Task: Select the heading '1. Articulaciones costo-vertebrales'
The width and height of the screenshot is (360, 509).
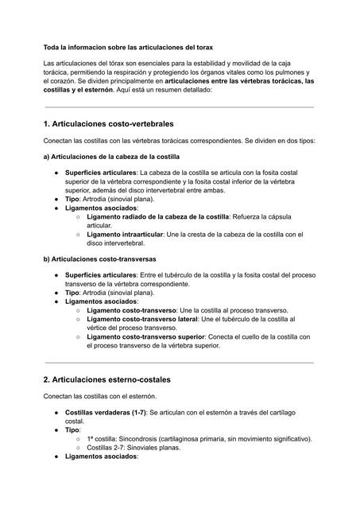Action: [109, 124]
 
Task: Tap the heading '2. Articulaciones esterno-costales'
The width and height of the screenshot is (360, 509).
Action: [107, 379]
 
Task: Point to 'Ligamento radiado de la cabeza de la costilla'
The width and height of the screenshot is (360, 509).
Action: [157, 216]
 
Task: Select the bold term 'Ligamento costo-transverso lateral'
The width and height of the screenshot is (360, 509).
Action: [142, 319]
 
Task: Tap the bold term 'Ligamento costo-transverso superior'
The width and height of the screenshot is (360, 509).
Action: [145, 336]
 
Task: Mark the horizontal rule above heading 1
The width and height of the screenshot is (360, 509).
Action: [180, 107]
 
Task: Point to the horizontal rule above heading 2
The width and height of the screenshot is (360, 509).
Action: [180, 363]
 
